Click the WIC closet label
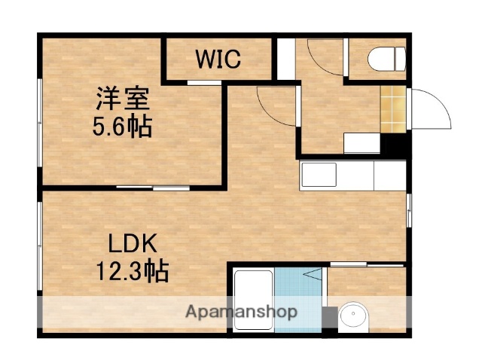(x=219, y=59)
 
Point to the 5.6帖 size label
(x=121, y=126)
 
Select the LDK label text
(x=131, y=244)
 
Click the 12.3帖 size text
(x=131, y=269)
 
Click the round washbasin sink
(x=351, y=317)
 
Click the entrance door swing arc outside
(x=429, y=111)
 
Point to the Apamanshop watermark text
(x=240, y=312)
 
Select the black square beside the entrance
(x=395, y=143)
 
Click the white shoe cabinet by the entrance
(x=362, y=142)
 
